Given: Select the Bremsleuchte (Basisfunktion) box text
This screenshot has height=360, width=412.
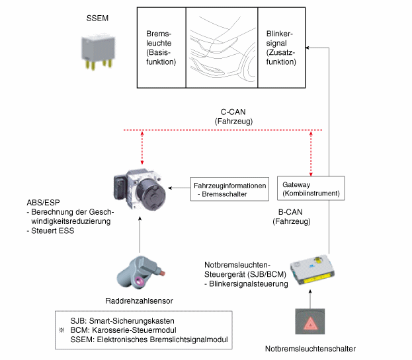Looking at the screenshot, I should (161, 48).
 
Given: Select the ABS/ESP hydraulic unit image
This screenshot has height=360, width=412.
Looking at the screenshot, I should (140, 190).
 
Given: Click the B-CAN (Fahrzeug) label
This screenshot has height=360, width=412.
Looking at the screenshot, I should (291, 218).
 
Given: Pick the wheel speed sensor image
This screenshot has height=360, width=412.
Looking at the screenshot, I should (138, 273).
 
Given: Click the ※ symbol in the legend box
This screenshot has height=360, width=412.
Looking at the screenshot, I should (62, 329).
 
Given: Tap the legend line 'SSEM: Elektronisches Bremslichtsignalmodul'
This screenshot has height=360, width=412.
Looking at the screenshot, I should (149, 340).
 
